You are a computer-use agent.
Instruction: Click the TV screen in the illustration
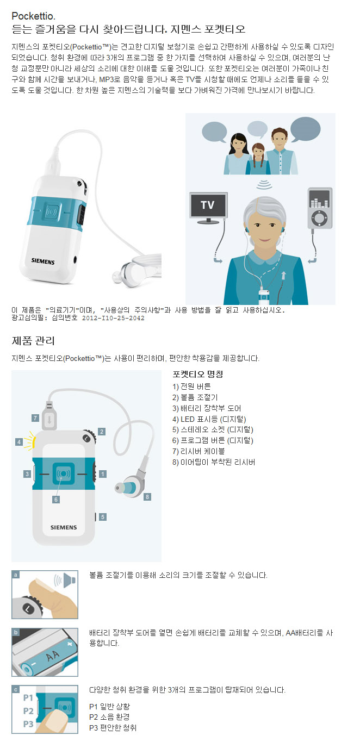pyautogui.click(x=208, y=205)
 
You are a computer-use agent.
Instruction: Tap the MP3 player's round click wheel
pyautogui.click(x=320, y=218)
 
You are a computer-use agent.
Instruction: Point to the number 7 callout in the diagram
pyautogui.click(x=35, y=417)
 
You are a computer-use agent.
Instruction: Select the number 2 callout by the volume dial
pyautogui.click(x=102, y=432)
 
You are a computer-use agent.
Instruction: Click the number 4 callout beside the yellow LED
pyautogui.click(x=19, y=442)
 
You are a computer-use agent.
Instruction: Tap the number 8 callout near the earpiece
pyautogui.click(x=147, y=496)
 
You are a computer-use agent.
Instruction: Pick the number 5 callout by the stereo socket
pyautogui.click(x=103, y=517)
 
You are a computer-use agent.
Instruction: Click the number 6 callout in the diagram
pyautogui.click(x=56, y=500)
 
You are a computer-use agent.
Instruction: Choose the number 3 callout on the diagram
pyautogui.click(x=27, y=474)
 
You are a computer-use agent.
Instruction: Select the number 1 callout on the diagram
pyautogui.click(x=103, y=474)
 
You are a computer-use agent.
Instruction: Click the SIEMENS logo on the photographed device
pyautogui.click(x=43, y=261)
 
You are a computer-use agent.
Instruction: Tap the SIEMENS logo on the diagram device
pyautogui.click(x=64, y=527)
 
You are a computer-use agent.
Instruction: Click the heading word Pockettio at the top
pyautogui.click(x=33, y=16)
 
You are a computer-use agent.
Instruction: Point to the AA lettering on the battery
pyautogui.click(x=52, y=656)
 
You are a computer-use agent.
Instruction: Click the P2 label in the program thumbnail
pyautogui.click(x=28, y=711)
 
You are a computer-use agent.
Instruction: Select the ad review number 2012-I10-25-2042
pyautogui.click(x=113, y=318)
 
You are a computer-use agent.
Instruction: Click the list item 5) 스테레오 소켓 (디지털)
pyautogui.click(x=213, y=429)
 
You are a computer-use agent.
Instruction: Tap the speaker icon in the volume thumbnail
pyautogui.click(x=65, y=581)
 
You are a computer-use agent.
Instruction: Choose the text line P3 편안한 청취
pyautogui.click(x=113, y=728)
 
